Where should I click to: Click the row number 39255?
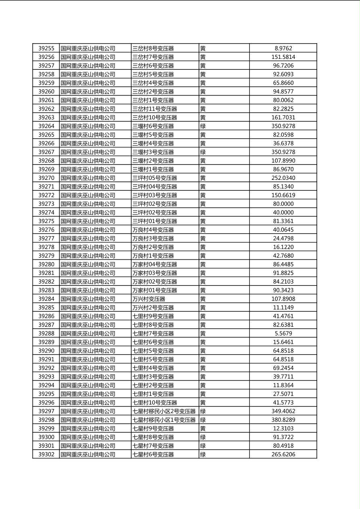pos(46,48)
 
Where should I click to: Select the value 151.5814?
pos(283,57)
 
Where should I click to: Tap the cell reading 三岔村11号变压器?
pos(155,109)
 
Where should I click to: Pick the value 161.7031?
pos(283,118)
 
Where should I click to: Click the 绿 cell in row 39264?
pos(203,126)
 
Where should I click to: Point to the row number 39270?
pos(46,178)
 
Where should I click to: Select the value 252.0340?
pos(283,178)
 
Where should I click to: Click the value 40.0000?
pos(283,213)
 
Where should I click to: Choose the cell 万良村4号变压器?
pos(153,230)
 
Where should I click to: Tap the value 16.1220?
pos(283,247)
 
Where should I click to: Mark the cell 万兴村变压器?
pos(149,299)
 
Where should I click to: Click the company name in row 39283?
pos(88,290)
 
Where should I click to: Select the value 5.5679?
pos(283,334)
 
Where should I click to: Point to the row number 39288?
pos(46,334)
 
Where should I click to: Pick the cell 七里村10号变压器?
pos(155,403)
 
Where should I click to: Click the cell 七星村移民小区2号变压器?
pos(164,411)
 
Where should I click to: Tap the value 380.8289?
pos(283,420)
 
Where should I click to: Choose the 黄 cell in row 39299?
pos(203,428)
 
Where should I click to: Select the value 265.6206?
pos(283,455)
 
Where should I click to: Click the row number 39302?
pos(46,455)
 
